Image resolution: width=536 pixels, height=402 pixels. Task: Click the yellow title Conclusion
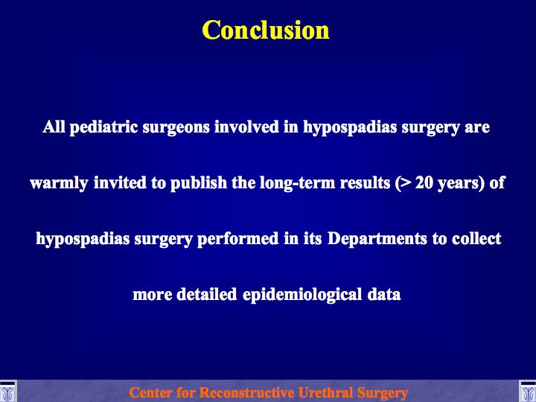pyautogui.click(x=266, y=30)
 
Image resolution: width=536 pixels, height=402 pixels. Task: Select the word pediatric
pyautogui.click(x=104, y=127)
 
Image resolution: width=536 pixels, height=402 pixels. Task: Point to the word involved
pyautogui.click(x=246, y=127)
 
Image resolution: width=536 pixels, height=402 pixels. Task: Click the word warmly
pyautogui.click(x=59, y=183)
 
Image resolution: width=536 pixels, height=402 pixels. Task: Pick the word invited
pyautogui.click(x=120, y=182)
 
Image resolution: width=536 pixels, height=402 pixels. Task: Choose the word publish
pyautogui.click(x=199, y=183)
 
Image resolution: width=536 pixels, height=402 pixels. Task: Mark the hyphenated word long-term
pyautogui.click(x=297, y=183)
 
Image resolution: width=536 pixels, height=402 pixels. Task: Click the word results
pyautogui.click(x=365, y=183)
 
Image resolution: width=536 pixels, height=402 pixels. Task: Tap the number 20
pyautogui.click(x=424, y=183)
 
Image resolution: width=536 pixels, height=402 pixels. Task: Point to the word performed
pyautogui.click(x=238, y=239)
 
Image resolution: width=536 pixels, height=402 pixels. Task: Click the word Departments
pyautogui.click(x=377, y=239)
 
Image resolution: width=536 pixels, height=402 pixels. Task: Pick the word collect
pyautogui.click(x=476, y=239)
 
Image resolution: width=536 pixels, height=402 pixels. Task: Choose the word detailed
pyautogui.click(x=206, y=294)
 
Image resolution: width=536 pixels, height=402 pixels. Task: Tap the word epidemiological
pyautogui.click(x=302, y=295)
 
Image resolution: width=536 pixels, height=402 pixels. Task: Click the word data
pyautogui.click(x=384, y=294)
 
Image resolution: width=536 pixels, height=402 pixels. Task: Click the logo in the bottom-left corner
pyautogui.click(x=7, y=392)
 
